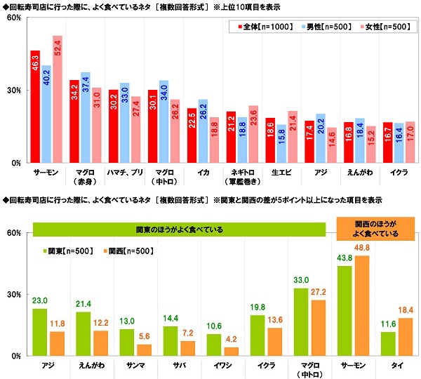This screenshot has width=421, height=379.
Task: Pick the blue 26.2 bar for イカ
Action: (x=203, y=131)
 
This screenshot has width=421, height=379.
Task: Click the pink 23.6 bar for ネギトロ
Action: (x=253, y=134)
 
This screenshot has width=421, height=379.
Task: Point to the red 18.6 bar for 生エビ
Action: (x=270, y=140)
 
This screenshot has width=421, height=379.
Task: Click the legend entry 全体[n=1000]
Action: (x=253, y=27)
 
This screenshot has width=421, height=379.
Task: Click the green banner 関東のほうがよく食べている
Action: (x=176, y=230)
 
